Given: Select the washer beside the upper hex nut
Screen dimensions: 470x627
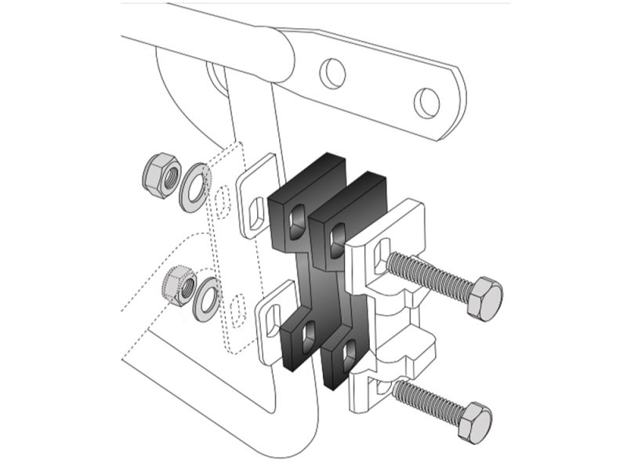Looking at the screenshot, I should click(x=193, y=186).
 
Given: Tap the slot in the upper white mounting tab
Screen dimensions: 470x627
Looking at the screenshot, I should click(x=257, y=209).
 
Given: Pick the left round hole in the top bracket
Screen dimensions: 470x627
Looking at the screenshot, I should click(x=332, y=74).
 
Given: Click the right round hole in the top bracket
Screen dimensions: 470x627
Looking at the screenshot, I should click(x=426, y=102).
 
